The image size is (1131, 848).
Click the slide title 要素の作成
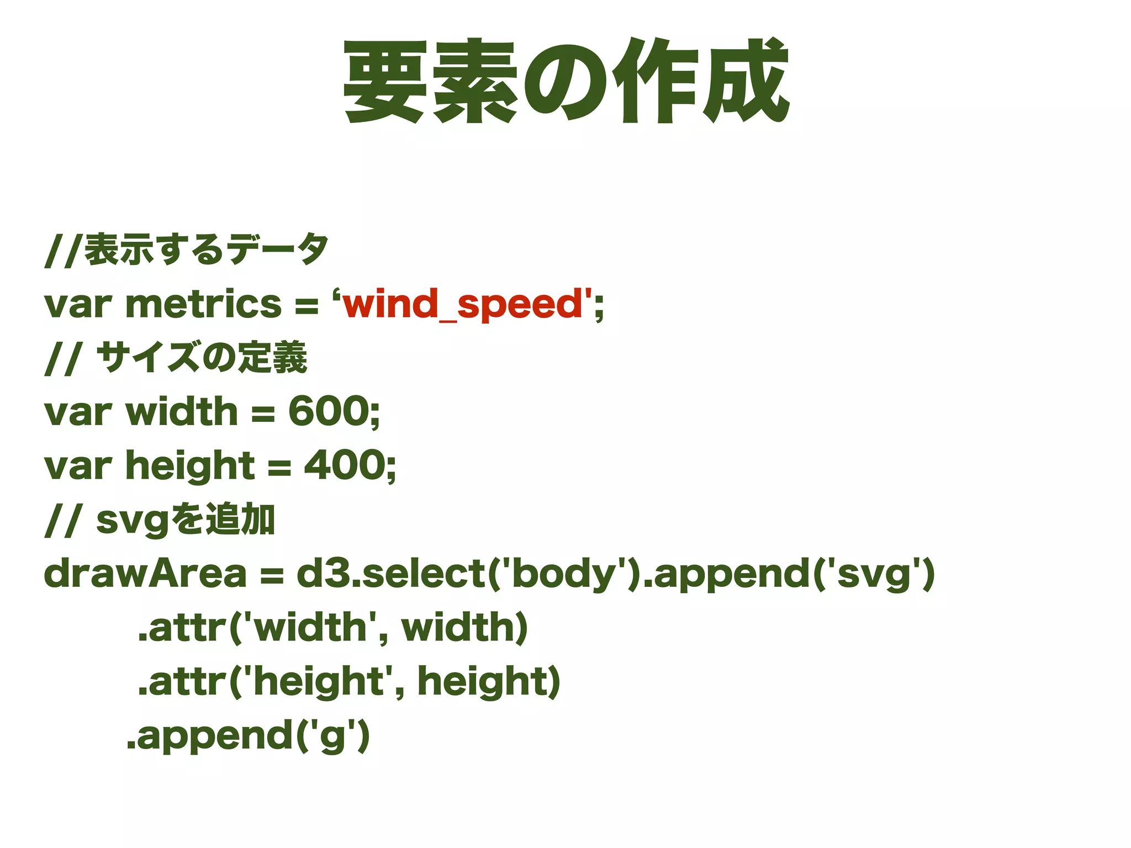click(x=565, y=81)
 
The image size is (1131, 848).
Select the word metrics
click(x=203, y=304)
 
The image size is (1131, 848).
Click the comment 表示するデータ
click(x=207, y=250)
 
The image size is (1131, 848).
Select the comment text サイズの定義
click(x=202, y=358)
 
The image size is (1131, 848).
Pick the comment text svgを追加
click(x=186, y=520)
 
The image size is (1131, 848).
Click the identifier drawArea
click(x=145, y=574)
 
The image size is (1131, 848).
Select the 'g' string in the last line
click(x=333, y=736)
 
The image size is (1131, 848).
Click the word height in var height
click(x=190, y=465)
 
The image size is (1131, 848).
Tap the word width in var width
click(x=182, y=412)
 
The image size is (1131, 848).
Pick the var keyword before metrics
click(x=77, y=304)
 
